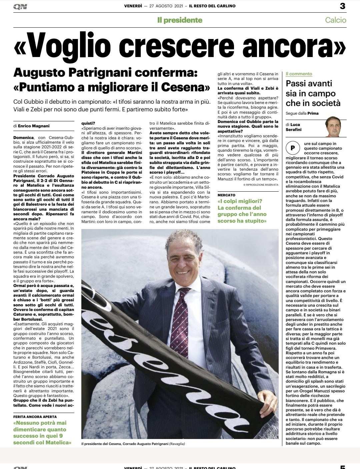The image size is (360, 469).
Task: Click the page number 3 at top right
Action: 342,6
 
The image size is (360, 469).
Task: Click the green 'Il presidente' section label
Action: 180,20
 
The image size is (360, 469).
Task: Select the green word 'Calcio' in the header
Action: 336,20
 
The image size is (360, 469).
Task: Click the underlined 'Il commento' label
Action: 299,74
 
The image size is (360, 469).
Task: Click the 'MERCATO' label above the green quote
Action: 226,195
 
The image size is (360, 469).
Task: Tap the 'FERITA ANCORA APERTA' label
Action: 35,417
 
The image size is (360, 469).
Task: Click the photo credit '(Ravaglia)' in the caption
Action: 177,444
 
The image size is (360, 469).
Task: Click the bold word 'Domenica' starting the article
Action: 23,137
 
